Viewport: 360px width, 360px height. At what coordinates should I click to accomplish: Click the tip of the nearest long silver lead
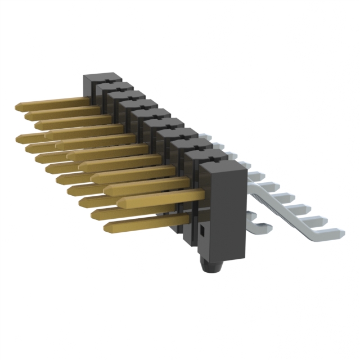pos(339,231)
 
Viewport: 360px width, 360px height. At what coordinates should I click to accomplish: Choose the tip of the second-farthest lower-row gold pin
pos(29,148)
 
